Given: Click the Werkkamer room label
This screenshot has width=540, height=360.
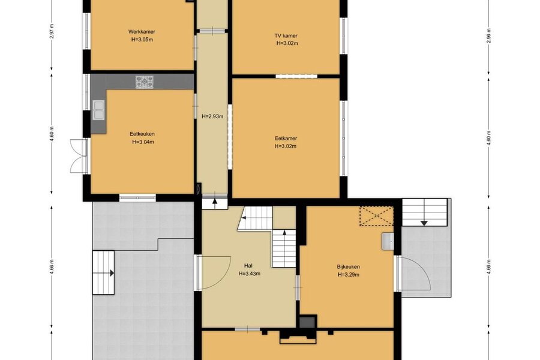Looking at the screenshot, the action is pyautogui.click(x=142, y=32).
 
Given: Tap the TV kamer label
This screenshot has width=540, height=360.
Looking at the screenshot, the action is pyautogui.click(x=286, y=35).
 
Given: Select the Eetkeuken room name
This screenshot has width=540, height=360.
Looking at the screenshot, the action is pyautogui.click(x=142, y=134).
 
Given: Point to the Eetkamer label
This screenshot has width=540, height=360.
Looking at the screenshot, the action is pyautogui.click(x=286, y=139).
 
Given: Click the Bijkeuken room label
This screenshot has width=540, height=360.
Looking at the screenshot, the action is pyautogui.click(x=349, y=266).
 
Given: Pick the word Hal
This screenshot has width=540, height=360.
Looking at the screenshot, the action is pyautogui.click(x=248, y=266).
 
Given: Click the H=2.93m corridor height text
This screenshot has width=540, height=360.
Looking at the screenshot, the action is pyautogui.click(x=212, y=116).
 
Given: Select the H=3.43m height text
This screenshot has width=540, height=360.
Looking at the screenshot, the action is pyautogui.click(x=250, y=274).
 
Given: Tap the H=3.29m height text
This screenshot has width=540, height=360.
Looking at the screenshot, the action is pyautogui.click(x=349, y=275).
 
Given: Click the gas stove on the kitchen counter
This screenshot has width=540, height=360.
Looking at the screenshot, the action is pyautogui.click(x=145, y=82).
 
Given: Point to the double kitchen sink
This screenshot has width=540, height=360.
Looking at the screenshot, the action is pyautogui.click(x=99, y=110).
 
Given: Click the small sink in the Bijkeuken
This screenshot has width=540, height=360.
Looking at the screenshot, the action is pyautogui.click(x=388, y=241).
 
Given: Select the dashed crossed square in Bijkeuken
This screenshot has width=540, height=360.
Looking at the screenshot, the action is pyautogui.click(x=376, y=216).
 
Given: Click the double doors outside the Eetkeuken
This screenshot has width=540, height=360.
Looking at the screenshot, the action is pyautogui.click(x=79, y=156).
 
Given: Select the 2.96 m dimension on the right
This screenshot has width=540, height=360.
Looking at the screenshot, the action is pyautogui.click(x=488, y=35).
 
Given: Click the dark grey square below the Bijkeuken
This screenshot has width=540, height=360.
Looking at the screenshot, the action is pyautogui.click(x=308, y=322).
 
